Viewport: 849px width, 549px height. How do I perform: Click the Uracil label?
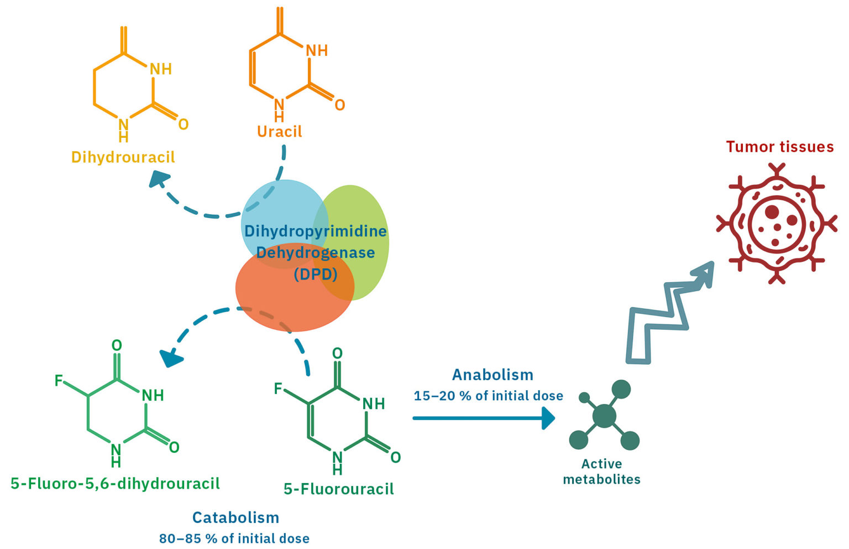pyautogui.click(x=279, y=132)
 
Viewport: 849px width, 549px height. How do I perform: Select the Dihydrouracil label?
pyautogui.click(x=123, y=157)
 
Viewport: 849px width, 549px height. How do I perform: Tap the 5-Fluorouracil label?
pyautogui.click(x=338, y=489)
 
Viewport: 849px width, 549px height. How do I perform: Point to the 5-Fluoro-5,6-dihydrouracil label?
pyautogui.click(x=115, y=483)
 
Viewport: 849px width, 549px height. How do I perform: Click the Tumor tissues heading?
pyautogui.click(x=779, y=147)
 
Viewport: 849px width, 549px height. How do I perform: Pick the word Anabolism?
pyautogui.click(x=492, y=375)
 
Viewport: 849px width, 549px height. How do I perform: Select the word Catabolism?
pyautogui.click(x=235, y=517)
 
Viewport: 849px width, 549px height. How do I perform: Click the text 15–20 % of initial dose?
pyautogui.click(x=488, y=396)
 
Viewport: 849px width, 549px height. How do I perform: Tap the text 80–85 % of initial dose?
pyautogui.click(x=234, y=538)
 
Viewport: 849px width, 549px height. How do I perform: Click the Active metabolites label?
pyautogui.click(x=601, y=472)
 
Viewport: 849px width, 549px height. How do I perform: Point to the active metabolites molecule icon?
pyautogui.click(x=605, y=415)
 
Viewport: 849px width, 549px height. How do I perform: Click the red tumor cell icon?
pyautogui.click(x=776, y=224)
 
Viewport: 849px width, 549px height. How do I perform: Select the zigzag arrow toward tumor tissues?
pyautogui.click(x=663, y=315)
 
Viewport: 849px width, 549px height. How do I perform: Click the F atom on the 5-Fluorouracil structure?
pyautogui.click(x=279, y=389)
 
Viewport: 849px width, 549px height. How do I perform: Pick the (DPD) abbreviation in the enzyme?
pyautogui.click(x=316, y=274)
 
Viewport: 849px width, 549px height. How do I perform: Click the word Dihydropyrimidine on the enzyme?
pyautogui.click(x=315, y=231)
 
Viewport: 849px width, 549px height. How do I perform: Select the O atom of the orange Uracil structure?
pyautogui.click(x=339, y=105)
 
